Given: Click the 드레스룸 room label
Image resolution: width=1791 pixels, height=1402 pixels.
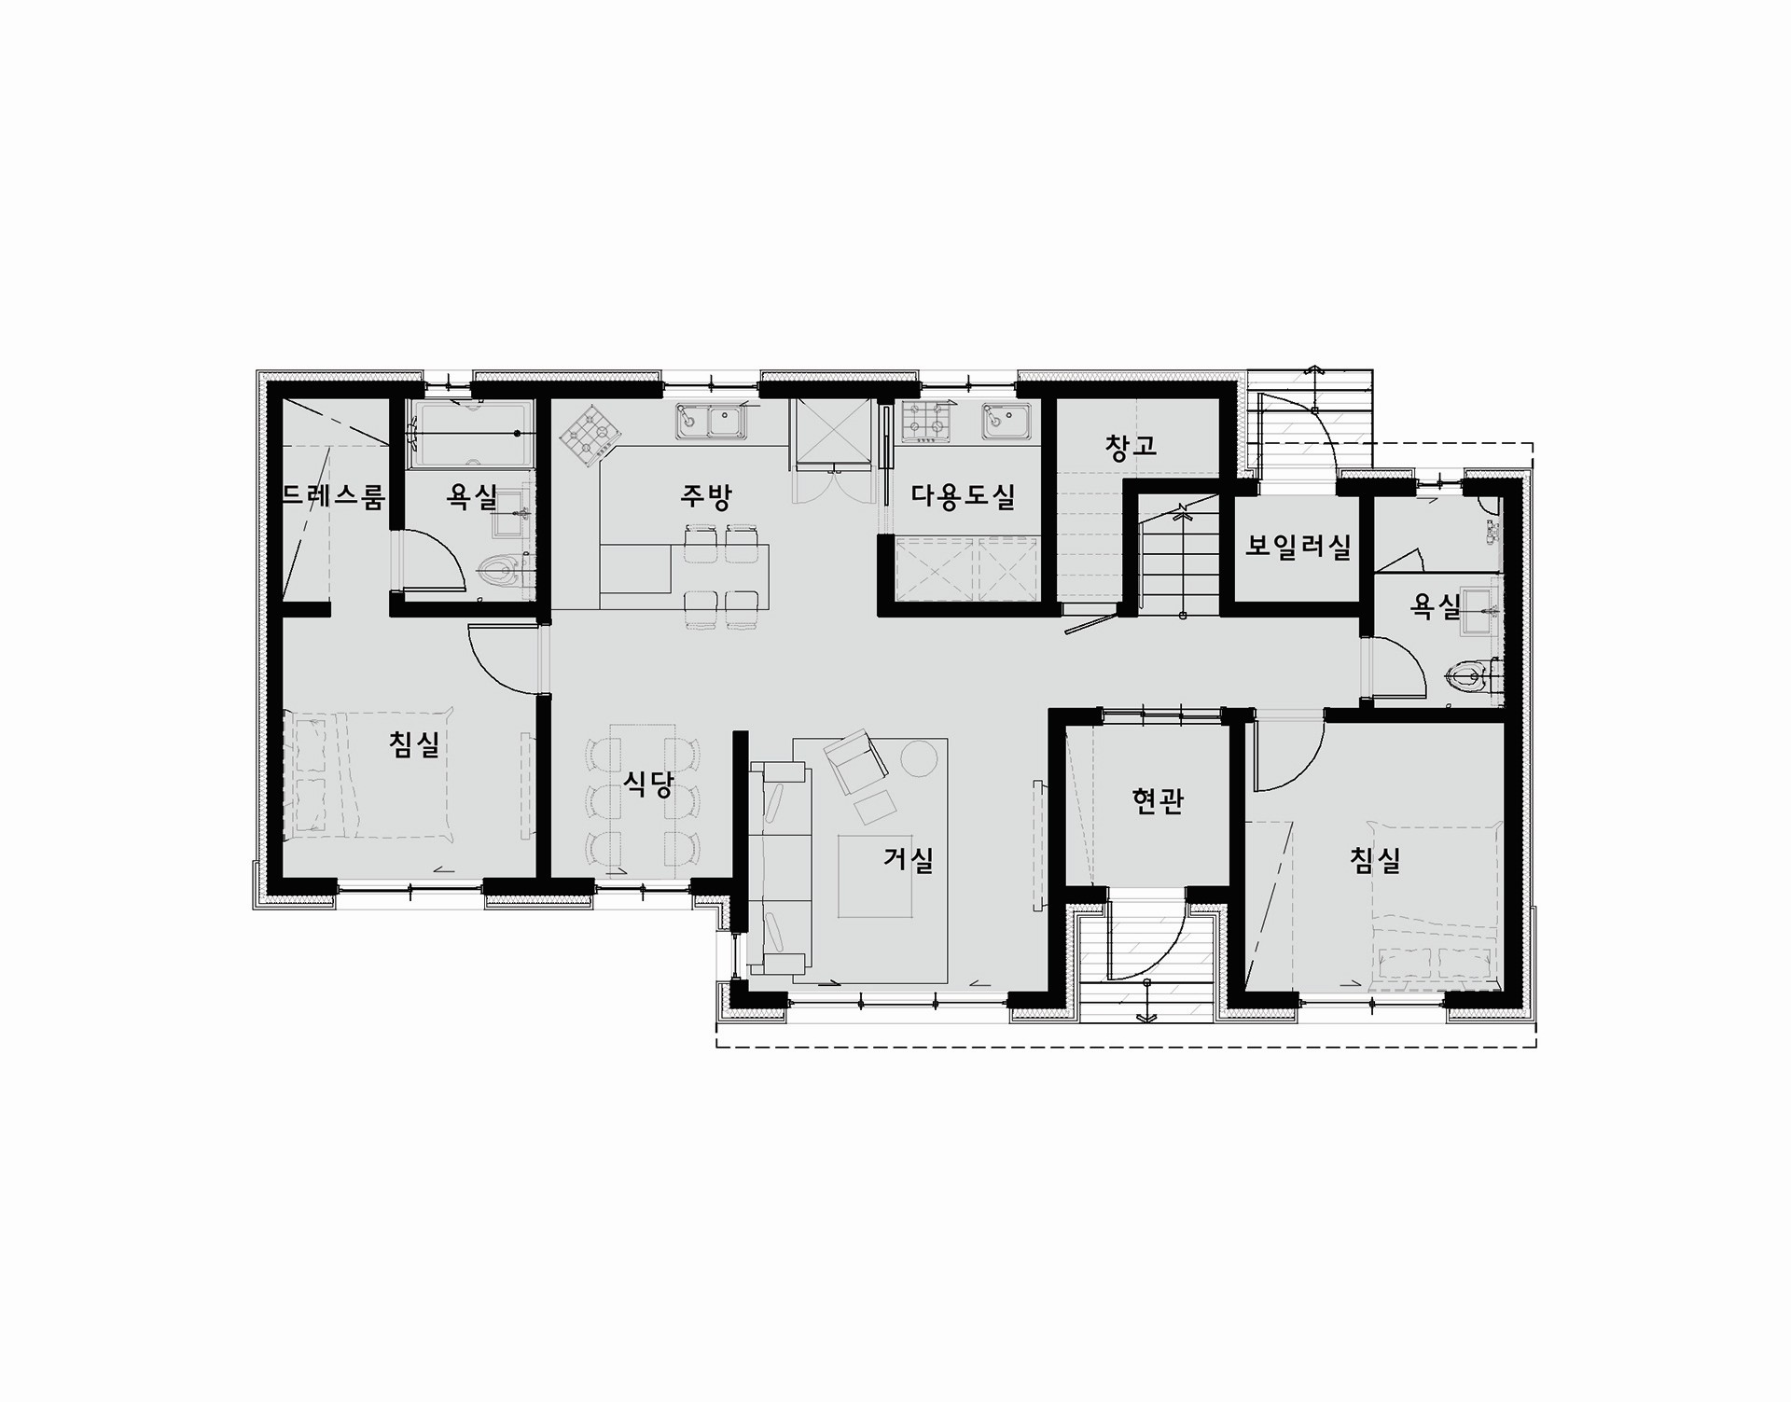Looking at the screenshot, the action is click(x=333, y=496).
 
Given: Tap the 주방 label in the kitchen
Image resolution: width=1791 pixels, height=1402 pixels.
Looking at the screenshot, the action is click(x=705, y=496).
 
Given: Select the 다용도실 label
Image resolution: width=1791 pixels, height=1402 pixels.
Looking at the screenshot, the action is click(x=963, y=496).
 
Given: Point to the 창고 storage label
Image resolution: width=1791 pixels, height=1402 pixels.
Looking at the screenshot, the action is click(x=1131, y=447).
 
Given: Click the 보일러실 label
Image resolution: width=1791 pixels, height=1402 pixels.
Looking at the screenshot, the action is click(x=1298, y=547).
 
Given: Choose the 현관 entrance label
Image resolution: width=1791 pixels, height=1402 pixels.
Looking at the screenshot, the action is click(x=1158, y=800).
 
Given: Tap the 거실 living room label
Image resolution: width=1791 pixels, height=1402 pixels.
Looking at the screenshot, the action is click(x=909, y=859).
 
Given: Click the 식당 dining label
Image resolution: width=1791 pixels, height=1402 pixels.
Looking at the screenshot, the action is click(x=647, y=784).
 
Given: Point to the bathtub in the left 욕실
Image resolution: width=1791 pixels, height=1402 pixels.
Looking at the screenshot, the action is click(x=472, y=435).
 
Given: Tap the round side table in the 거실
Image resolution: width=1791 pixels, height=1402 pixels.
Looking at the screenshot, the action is click(x=919, y=757).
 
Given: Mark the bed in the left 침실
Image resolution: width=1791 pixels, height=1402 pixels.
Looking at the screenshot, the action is click(x=370, y=774).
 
